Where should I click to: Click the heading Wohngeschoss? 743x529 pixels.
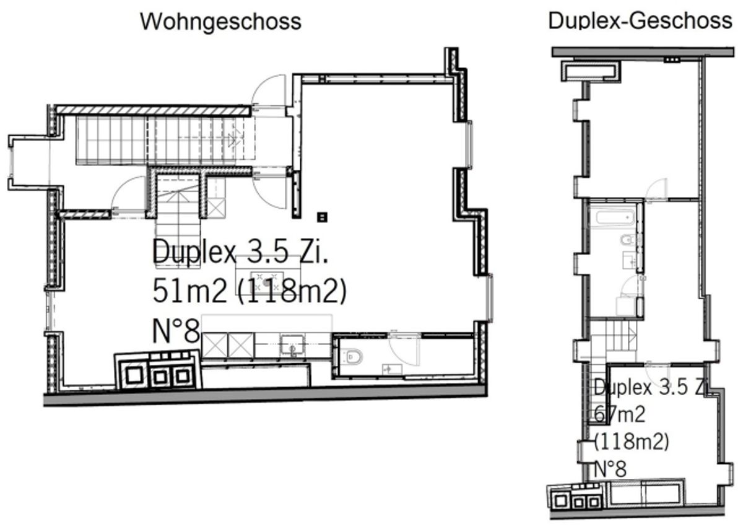(220, 22)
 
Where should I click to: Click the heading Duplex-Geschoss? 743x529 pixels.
(640, 20)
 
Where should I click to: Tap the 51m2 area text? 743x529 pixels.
(189, 291)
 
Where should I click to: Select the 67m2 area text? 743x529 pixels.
(620, 414)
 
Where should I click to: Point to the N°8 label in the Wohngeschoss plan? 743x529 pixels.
(176, 331)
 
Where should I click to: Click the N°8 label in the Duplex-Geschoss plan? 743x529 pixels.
(610, 469)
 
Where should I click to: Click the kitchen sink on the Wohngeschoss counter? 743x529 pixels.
(292, 345)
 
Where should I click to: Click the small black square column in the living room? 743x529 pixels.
(323, 217)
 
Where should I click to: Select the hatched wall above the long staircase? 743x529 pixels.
(154, 110)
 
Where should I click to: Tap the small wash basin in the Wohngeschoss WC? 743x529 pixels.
(393, 369)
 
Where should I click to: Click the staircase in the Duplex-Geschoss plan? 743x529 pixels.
(614, 342)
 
